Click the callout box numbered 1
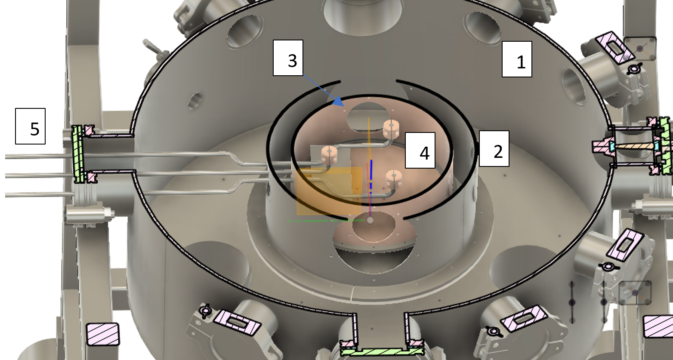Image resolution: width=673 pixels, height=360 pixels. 517,59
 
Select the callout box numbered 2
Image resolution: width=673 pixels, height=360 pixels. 494,148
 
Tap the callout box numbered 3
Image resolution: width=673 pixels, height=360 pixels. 288,58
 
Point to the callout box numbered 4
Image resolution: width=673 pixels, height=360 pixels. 420,150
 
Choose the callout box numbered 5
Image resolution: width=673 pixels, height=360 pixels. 31,126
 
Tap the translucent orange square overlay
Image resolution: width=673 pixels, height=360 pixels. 329,191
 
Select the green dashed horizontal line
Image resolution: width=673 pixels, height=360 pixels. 326,221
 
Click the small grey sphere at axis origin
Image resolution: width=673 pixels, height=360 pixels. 370,220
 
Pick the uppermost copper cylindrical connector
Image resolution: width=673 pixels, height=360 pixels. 391,129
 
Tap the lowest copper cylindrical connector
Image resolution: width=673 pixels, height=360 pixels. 394,179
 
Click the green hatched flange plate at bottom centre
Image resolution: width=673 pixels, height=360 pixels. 382,352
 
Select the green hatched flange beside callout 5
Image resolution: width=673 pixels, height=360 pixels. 78,154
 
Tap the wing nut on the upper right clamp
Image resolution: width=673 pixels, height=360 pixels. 634,69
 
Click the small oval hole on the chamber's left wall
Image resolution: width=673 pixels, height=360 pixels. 195,101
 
